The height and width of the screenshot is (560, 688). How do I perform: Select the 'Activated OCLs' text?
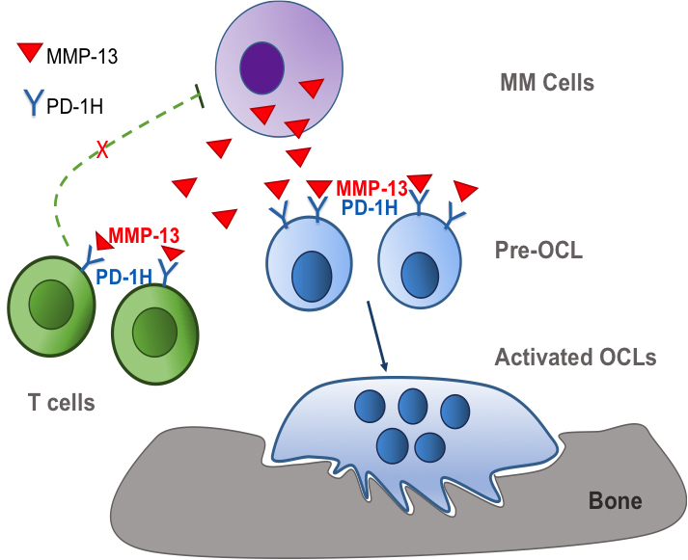click(x=575, y=358)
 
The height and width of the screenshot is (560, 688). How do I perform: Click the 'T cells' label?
click(x=61, y=402)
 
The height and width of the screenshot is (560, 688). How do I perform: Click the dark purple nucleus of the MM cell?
click(x=261, y=71)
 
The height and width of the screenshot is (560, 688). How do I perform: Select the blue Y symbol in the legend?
click(x=32, y=98)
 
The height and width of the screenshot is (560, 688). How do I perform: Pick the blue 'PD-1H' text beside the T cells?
click(x=124, y=277)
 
